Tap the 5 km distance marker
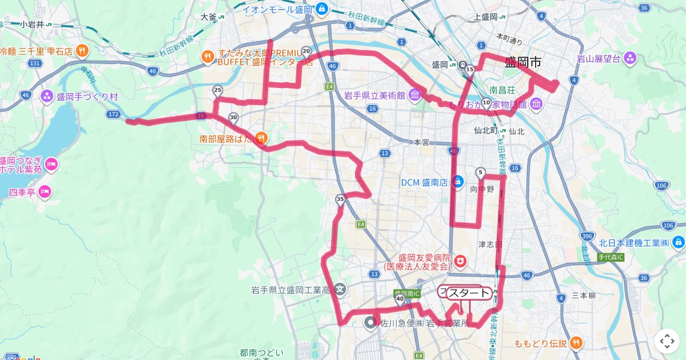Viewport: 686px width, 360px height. tap(480, 172)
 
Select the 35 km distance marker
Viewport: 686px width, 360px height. tap(340, 199)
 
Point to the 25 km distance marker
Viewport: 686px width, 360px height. tap(217, 90)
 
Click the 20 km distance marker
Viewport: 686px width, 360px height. tap(306, 51)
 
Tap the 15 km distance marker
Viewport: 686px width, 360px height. tap(470, 70)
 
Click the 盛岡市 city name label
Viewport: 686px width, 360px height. tap(523, 62)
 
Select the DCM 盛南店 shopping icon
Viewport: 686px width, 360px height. tap(457, 182)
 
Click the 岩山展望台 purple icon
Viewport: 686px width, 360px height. tap(630, 58)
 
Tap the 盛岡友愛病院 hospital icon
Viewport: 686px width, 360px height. tap(461, 262)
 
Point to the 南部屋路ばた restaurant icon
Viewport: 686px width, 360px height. tap(261, 137)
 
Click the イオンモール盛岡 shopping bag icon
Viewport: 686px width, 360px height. tap(321, 9)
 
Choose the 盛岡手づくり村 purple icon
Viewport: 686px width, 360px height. tap(46, 96)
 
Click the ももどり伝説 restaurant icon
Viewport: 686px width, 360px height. tap(576, 343)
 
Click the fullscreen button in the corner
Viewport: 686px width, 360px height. tap(667, 341)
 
